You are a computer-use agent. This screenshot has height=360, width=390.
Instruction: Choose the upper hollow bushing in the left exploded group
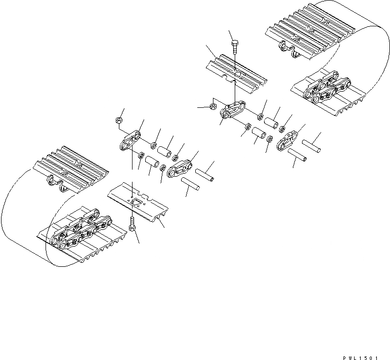click(x=164, y=151)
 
